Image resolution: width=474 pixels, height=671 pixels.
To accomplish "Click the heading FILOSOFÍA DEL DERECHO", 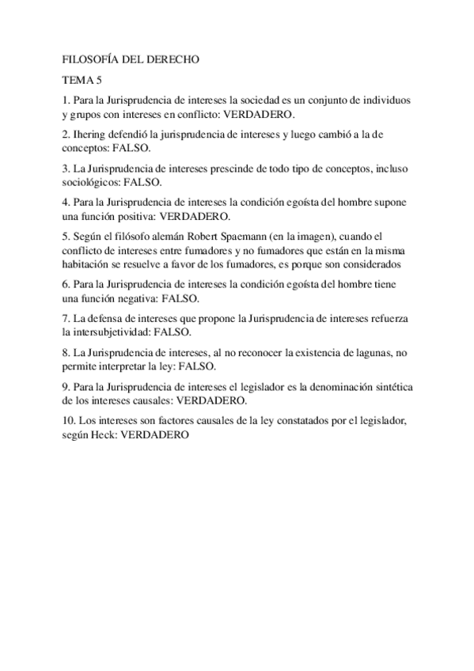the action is pyautogui.click(x=130, y=59).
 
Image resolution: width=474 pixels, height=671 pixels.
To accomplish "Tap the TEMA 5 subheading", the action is pyautogui.click(x=82, y=80).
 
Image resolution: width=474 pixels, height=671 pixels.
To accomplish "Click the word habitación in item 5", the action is pyautogui.click(x=86, y=263).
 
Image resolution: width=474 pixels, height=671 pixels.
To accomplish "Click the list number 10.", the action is pyautogui.click(x=68, y=421).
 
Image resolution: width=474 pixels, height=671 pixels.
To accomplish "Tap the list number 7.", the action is pyautogui.click(x=65, y=319).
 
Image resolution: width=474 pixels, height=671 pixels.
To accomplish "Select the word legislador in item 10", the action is pyautogui.click(x=381, y=421).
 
